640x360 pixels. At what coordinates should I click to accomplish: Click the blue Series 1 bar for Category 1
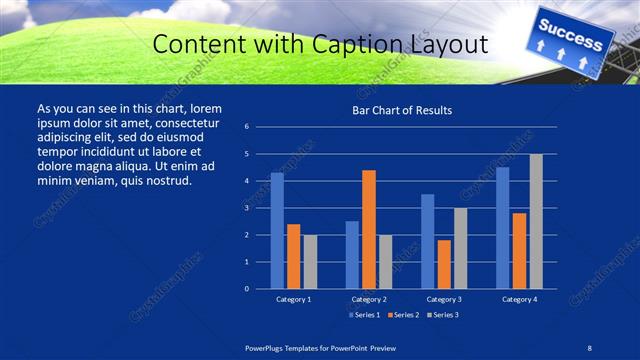pyautogui.click(x=277, y=231)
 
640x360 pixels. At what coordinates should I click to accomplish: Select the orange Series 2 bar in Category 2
pyautogui.click(x=368, y=229)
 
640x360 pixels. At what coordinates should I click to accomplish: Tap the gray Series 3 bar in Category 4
pyautogui.click(x=536, y=221)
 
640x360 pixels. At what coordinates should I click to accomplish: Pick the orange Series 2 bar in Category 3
pyautogui.click(x=444, y=264)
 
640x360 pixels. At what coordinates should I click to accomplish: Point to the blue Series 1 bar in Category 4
pyautogui.click(x=503, y=228)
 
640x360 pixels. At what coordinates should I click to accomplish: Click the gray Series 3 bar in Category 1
pyautogui.click(x=310, y=262)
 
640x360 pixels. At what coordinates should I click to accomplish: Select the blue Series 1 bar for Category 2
pyautogui.click(x=352, y=255)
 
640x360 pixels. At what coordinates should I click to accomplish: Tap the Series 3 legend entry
pyautogui.click(x=443, y=315)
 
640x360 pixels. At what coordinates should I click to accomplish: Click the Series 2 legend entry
pyautogui.click(x=403, y=315)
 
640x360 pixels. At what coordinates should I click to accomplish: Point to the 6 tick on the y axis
pyautogui.click(x=247, y=127)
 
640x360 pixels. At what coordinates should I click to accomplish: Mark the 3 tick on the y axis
pyautogui.click(x=247, y=208)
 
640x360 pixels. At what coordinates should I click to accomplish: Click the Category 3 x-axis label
pyautogui.click(x=444, y=299)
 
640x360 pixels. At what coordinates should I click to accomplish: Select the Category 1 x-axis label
pyautogui.click(x=294, y=299)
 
